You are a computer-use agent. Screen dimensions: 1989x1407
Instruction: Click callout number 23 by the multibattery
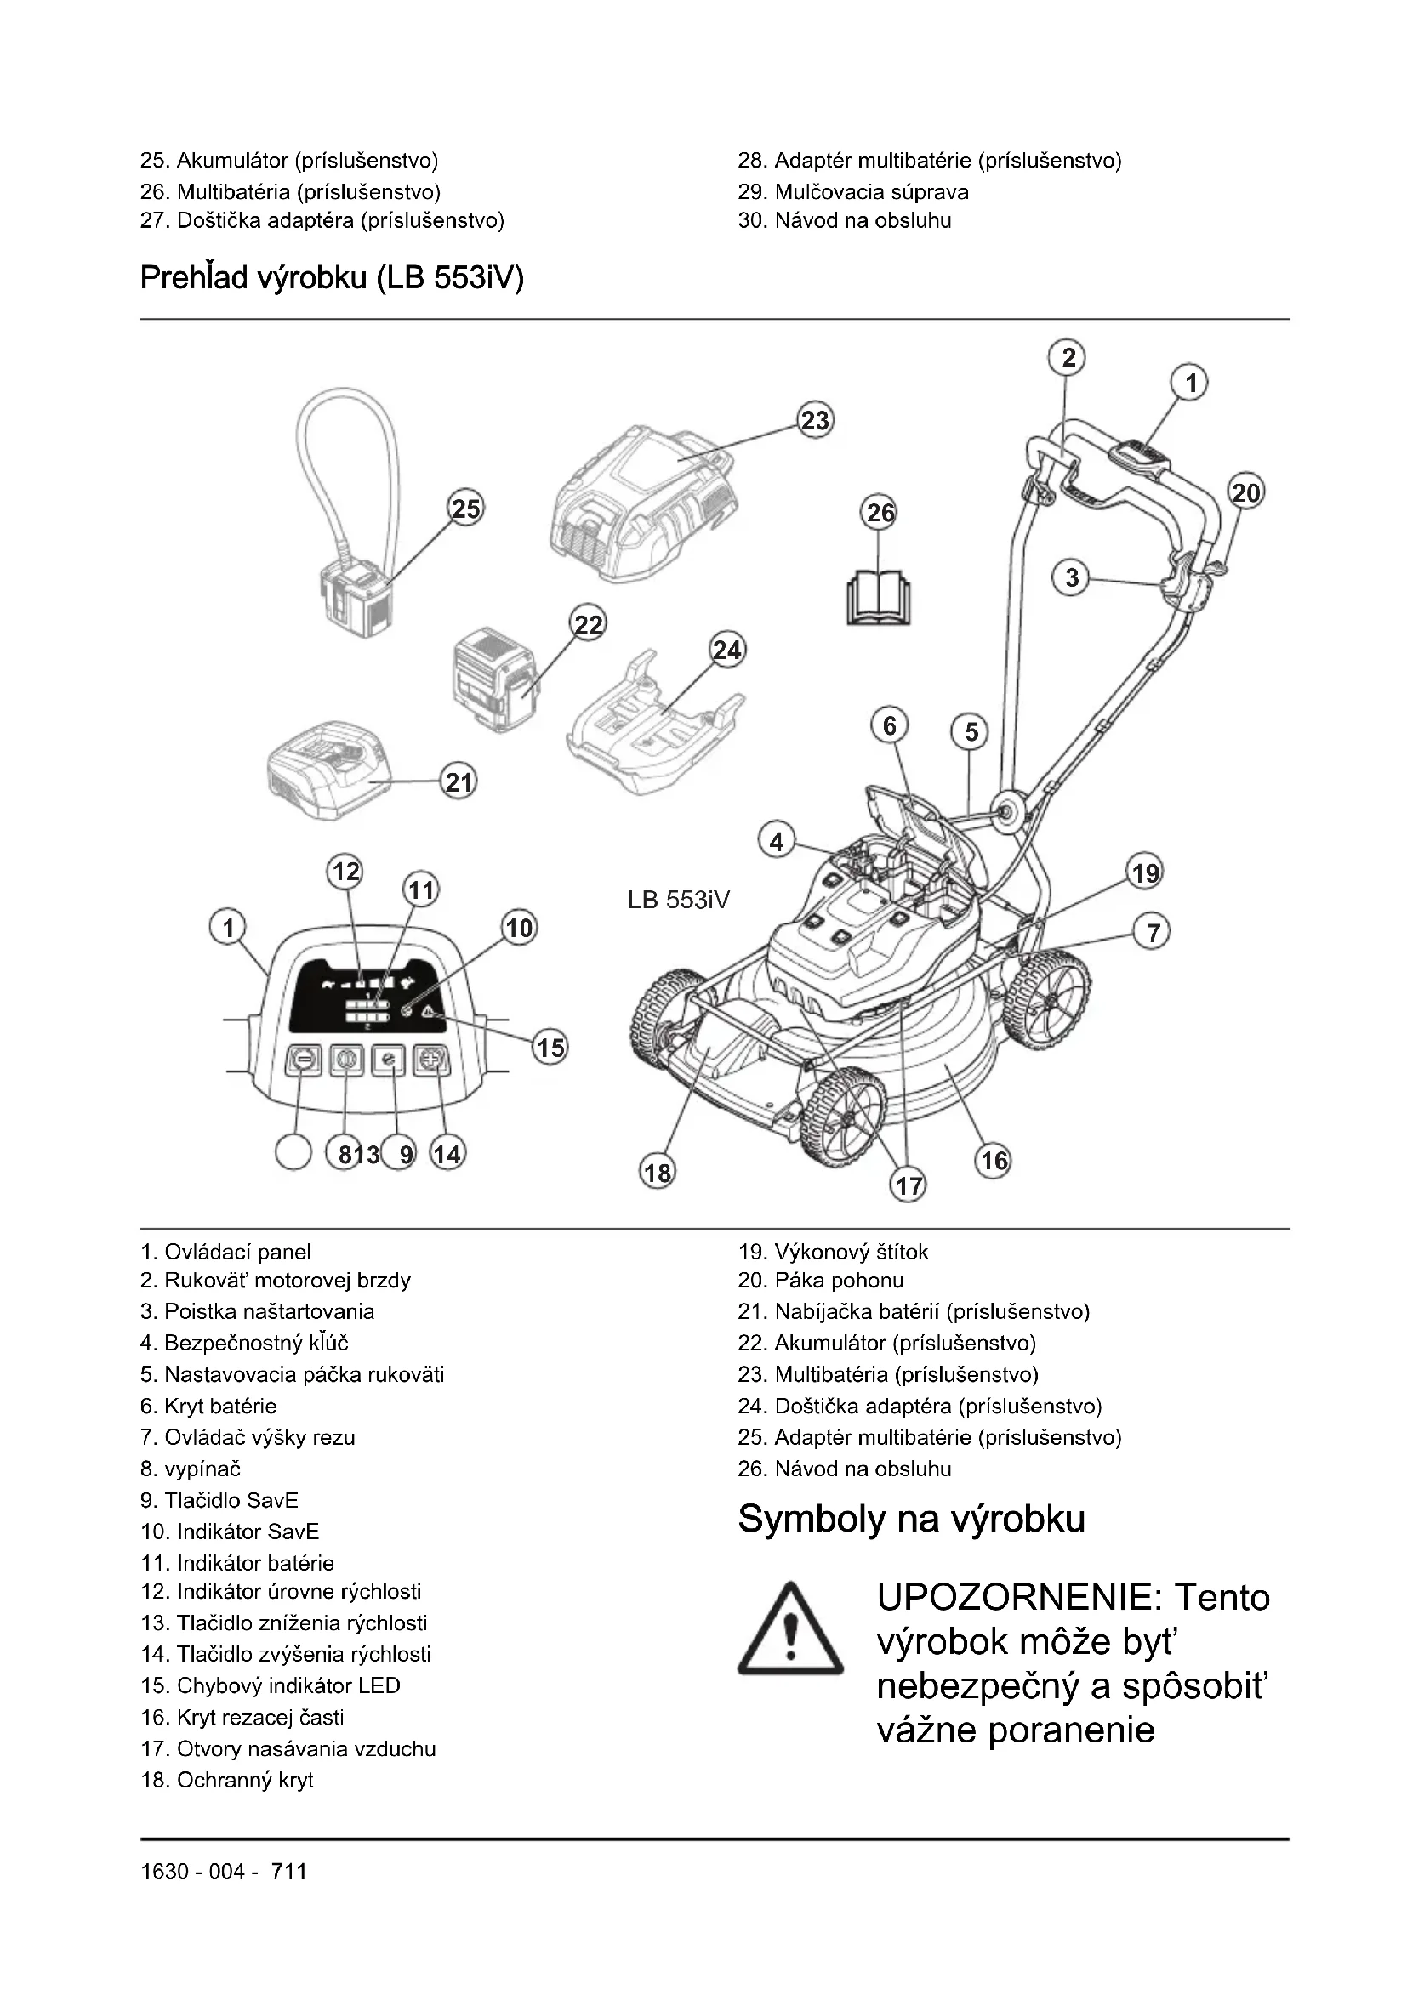(814, 421)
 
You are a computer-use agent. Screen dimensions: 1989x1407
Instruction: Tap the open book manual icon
(880, 597)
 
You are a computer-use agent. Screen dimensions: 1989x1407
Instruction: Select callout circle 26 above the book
(880, 513)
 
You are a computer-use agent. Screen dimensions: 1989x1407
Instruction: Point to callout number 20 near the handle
(1246, 493)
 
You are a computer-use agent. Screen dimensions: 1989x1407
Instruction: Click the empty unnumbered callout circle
(293, 1153)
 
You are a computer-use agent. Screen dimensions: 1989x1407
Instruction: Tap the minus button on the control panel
(302, 1060)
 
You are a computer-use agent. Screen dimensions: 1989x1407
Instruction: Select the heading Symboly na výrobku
(910, 1519)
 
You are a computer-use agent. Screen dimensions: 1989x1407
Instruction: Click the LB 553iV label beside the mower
(678, 900)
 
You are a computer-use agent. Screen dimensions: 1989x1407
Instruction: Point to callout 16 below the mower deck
(993, 1160)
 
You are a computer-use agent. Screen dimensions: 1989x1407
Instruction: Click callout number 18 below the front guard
(657, 1172)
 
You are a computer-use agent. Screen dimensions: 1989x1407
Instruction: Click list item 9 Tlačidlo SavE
(219, 1499)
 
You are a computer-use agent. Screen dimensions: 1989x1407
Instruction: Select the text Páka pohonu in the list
(839, 1280)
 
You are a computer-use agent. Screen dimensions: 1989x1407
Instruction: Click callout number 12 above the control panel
(345, 871)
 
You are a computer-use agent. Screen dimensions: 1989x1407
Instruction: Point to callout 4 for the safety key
(777, 841)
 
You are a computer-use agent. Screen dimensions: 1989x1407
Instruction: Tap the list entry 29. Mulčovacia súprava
(852, 191)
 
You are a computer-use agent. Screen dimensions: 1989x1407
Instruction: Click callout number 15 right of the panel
(550, 1048)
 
